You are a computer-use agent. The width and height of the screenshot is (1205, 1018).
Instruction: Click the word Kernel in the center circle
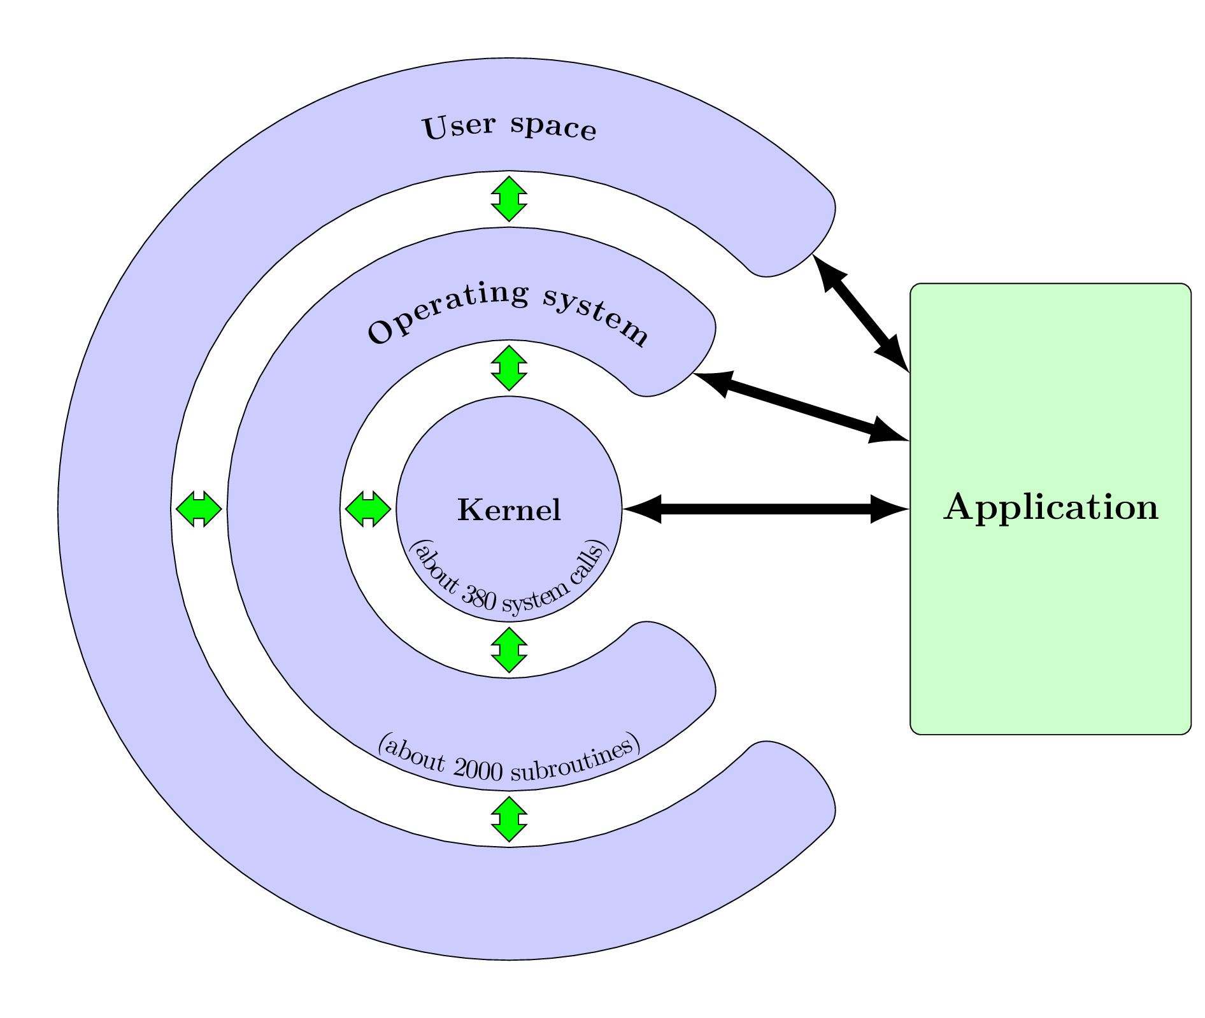[x=509, y=510]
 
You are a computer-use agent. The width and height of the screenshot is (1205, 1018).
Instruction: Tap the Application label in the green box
[x=1051, y=507]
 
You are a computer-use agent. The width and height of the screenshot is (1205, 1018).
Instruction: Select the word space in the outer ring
[x=553, y=125]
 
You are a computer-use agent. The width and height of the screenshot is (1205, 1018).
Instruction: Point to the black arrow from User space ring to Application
[x=860, y=312]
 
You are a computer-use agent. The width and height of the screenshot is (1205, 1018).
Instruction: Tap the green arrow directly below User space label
[x=509, y=199]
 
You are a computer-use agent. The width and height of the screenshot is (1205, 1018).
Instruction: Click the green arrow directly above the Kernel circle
[x=509, y=368]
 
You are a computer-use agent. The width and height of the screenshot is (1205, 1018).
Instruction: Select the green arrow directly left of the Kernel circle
[x=367, y=509]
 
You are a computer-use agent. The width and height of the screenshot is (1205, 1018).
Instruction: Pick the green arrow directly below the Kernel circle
[x=509, y=650]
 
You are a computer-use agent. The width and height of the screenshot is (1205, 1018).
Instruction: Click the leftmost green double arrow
[x=199, y=509]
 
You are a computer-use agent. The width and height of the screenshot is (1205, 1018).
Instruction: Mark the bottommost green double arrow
[x=509, y=819]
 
